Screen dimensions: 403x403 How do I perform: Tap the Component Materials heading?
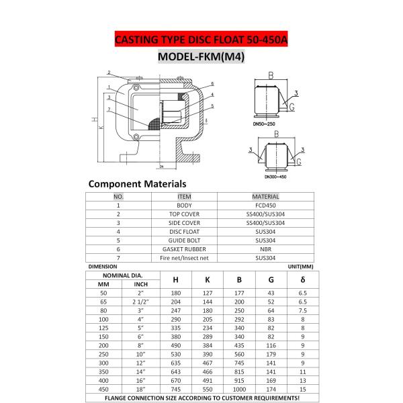(138, 183)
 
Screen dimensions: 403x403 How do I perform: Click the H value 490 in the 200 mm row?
(176, 343)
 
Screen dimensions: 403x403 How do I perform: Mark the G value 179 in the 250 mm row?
(271, 353)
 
